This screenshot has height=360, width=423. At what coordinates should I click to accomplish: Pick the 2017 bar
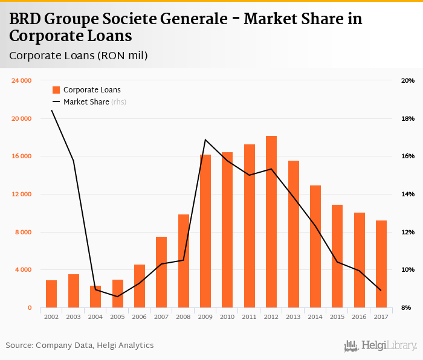click(381, 264)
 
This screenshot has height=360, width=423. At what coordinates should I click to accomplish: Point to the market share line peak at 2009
click(205, 140)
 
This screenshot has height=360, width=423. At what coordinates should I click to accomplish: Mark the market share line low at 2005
click(117, 297)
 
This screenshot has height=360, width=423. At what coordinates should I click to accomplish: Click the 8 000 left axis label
click(22, 232)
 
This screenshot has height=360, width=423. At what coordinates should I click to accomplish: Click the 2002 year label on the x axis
click(51, 317)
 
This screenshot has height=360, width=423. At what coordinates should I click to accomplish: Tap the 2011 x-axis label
click(249, 317)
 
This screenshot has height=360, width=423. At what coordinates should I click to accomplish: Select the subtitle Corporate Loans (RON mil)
click(79, 56)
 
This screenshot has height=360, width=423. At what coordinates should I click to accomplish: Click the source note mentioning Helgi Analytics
click(80, 346)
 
